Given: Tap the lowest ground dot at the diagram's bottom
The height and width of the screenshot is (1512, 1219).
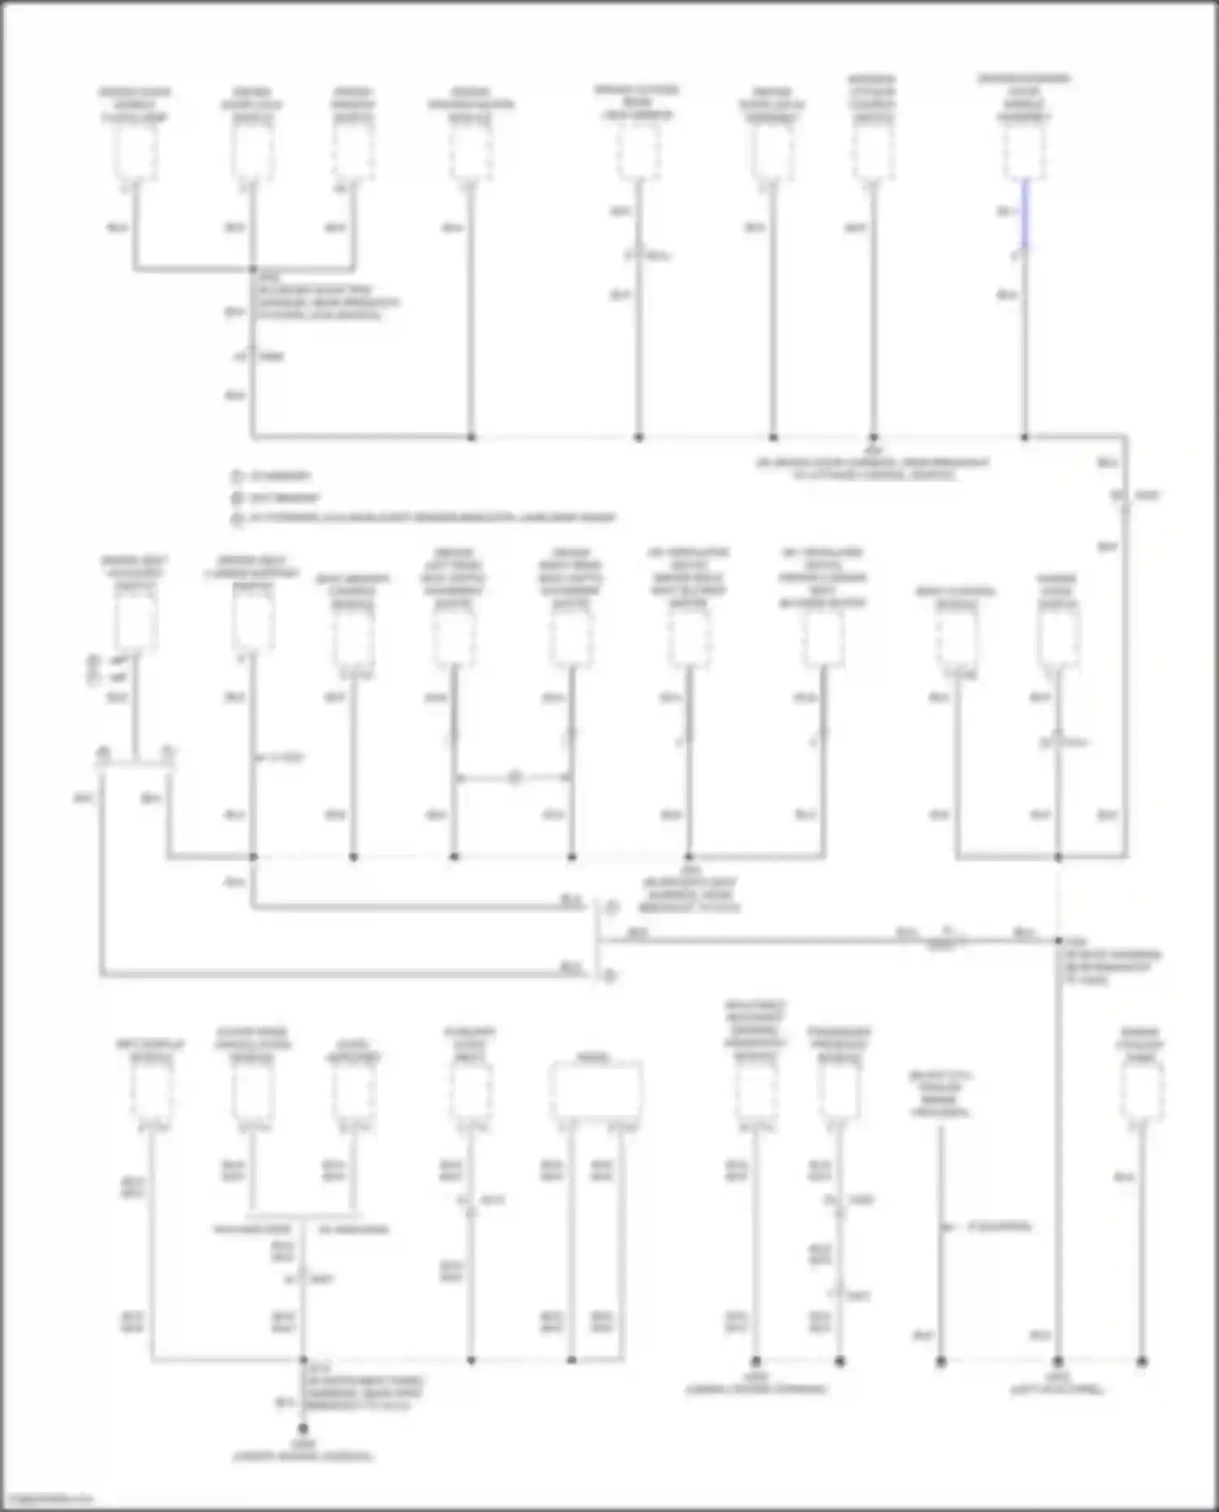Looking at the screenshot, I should pos(303,1428).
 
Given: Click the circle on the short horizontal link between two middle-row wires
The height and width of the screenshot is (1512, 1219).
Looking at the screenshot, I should pos(514,778).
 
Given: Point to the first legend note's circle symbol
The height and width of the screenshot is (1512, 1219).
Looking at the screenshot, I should pos(237,476).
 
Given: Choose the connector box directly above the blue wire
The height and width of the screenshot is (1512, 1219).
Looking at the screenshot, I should pos(1024,153).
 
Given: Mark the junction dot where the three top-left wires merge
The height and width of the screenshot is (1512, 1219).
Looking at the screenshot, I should pos(254,269).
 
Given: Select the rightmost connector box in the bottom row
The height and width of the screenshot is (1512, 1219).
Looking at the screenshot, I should pos(1142,1093).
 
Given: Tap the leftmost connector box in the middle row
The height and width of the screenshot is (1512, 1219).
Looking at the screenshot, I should pos(135,624).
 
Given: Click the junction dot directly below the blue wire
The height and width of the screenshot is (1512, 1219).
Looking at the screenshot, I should pos(1025,437).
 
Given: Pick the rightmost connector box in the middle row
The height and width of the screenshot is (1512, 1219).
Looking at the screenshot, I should pos(1058,638).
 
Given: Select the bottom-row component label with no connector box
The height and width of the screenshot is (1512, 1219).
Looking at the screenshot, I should pos(940,1093).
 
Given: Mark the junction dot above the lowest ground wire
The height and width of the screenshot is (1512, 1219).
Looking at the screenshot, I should pos(303,1360).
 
